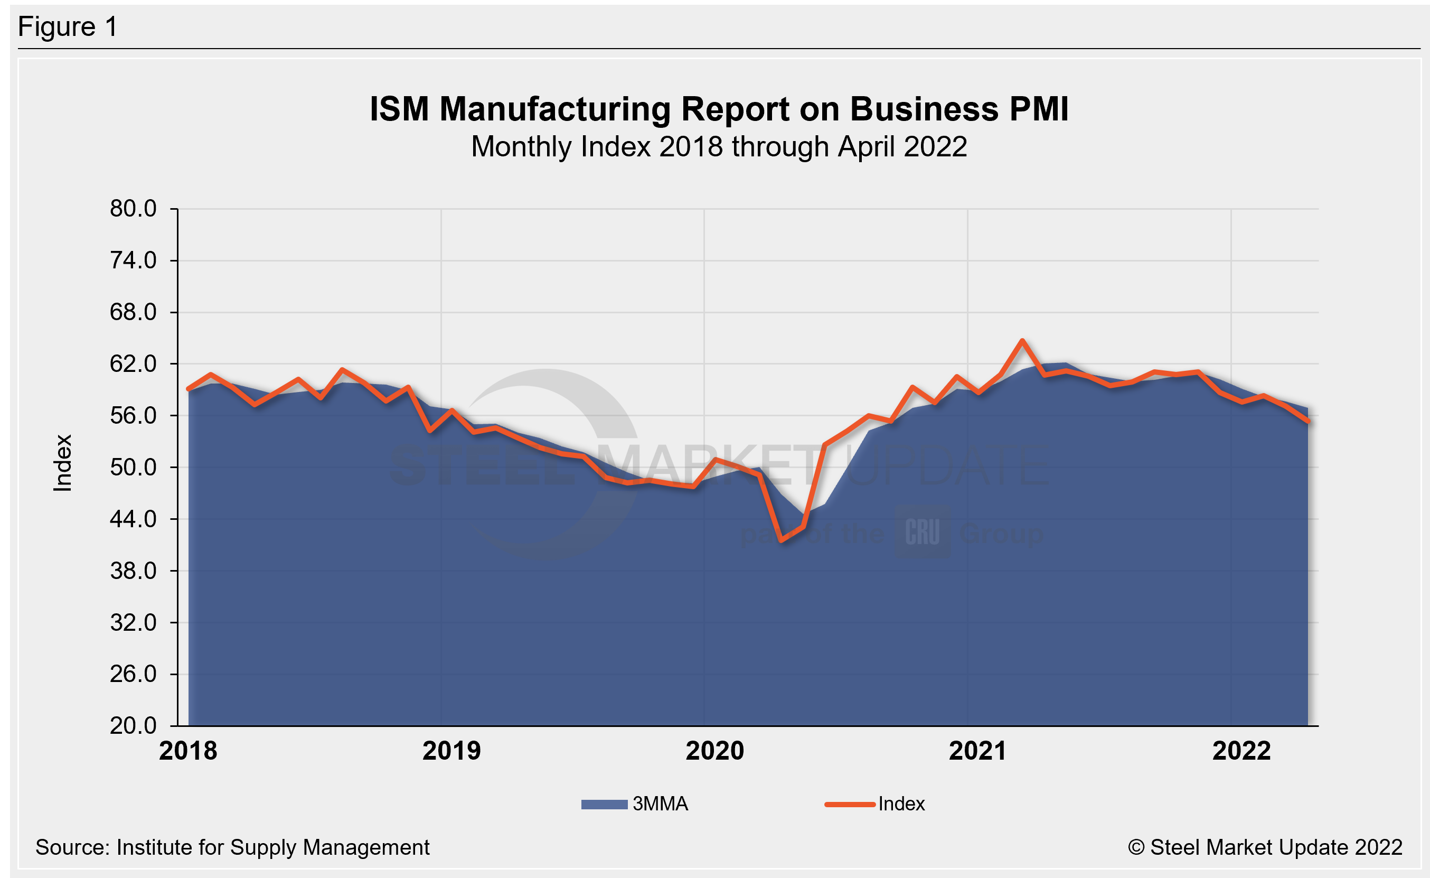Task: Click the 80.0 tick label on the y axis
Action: pos(133,209)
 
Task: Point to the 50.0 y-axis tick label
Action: pos(133,468)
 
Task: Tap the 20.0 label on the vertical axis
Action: pos(133,726)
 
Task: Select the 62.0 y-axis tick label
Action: pos(133,364)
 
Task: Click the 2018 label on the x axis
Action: pos(188,751)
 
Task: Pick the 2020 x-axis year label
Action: pos(714,751)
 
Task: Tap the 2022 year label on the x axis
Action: pos(1241,751)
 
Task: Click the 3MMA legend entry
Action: pos(635,804)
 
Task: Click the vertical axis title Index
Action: pos(63,463)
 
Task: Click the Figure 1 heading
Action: pos(68,27)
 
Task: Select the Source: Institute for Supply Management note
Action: pos(232,847)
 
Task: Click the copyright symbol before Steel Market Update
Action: pos(1136,847)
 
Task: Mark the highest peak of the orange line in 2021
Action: pos(1022,341)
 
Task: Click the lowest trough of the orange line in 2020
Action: pos(782,540)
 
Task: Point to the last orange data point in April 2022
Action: pos(1308,422)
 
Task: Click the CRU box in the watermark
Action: pos(923,531)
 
